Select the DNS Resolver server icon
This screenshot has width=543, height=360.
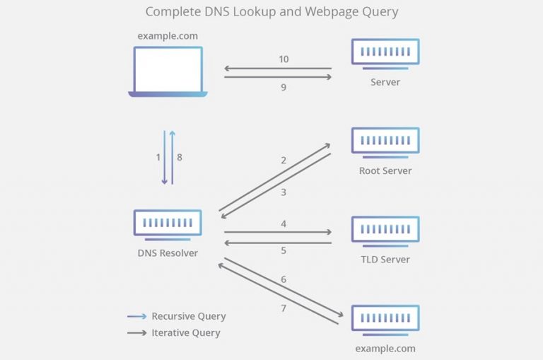point(168,223)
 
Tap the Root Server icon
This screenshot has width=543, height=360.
point(385,141)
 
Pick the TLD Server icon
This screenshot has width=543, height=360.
point(385,229)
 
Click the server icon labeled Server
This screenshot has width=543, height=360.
point(385,52)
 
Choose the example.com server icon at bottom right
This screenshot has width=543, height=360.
point(385,318)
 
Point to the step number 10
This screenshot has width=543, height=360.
point(284,59)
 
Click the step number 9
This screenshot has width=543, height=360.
point(284,88)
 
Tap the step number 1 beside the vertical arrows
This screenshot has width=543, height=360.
point(158,157)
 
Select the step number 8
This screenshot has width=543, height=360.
point(180,157)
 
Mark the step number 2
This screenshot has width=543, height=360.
point(284,161)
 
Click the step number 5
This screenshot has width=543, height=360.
point(284,250)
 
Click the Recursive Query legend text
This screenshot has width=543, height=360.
point(189,316)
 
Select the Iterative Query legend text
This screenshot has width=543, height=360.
point(186,332)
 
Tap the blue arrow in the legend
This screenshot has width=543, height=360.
point(136,316)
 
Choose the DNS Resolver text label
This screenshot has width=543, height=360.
point(168,252)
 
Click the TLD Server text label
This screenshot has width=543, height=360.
point(385,259)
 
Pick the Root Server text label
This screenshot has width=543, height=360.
point(385,170)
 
